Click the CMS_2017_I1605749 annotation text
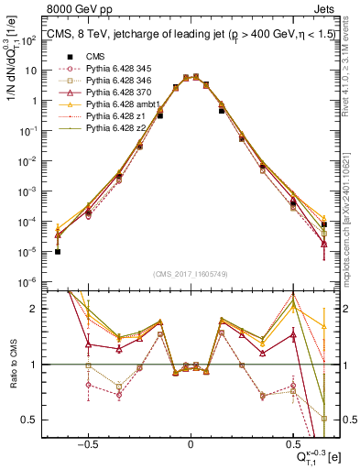click(x=190, y=274)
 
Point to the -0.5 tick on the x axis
click(x=87, y=442)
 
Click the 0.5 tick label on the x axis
click(x=293, y=442)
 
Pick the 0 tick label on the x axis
click(x=190, y=442)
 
